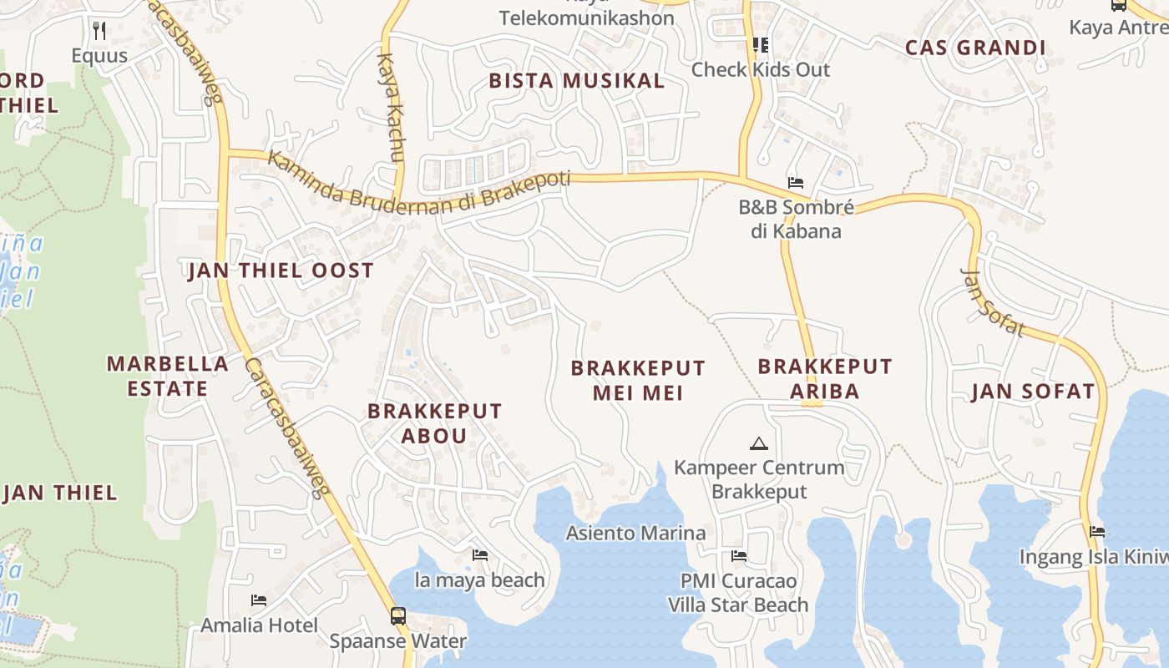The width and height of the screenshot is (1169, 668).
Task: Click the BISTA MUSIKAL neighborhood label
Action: pyautogui.click(x=576, y=81)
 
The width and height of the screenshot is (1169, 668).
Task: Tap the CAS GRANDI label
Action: pyautogui.click(x=975, y=48)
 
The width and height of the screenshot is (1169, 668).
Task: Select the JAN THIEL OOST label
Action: pyautogui.click(x=281, y=271)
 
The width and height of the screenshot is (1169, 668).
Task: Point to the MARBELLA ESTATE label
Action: pyautogui.click(x=167, y=376)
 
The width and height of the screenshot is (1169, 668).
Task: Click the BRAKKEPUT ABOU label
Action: pyautogui.click(x=434, y=423)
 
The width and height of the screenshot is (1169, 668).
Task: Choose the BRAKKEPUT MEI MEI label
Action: pyautogui.click(x=638, y=380)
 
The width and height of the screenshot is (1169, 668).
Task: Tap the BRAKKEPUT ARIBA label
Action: pyautogui.click(x=825, y=378)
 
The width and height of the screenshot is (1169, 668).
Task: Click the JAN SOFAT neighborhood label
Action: pyautogui.click(x=1032, y=392)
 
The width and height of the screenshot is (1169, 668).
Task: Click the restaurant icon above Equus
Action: pyautogui.click(x=99, y=32)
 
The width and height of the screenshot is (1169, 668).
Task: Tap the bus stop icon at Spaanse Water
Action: pyautogui.click(x=398, y=616)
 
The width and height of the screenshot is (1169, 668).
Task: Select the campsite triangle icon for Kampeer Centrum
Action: pyautogui.click(x=758, y=443)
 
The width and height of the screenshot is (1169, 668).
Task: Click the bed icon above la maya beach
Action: pyautogui.click(x=480, y=555)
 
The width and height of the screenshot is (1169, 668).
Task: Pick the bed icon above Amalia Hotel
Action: pyautogui.click(x=259, y=600)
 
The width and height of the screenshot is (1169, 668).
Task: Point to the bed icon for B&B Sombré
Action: pyautogui.click(x=796, y=183)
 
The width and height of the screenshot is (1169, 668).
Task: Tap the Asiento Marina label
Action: pyautogui.click(x=635, y=533)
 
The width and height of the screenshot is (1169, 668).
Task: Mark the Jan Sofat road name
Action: pyautogui.click(x=992, y=301)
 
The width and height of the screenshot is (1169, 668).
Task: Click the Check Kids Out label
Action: pyautogui.click(x=760, y=69)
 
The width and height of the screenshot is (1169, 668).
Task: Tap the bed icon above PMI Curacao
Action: pyautogui.click(x=739, y=556)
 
